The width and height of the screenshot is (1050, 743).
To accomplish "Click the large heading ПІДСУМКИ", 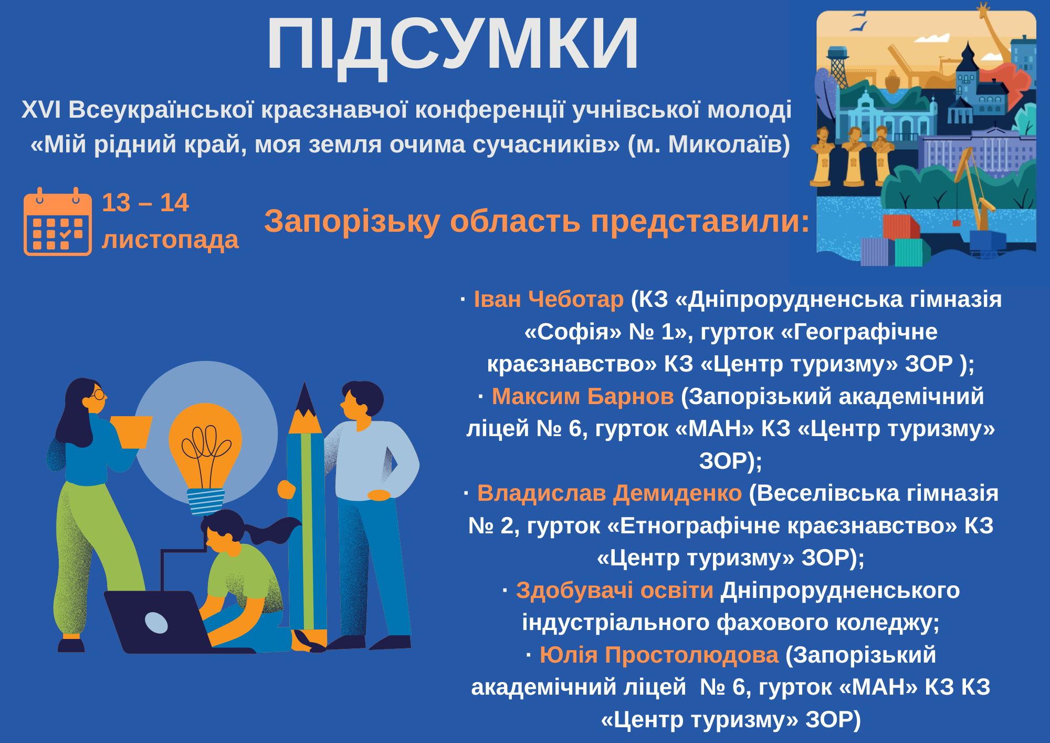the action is [453, 45].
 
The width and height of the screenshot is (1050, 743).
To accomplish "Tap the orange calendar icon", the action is [58, 222].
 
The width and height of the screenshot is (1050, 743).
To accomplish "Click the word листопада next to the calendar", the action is [170, 240].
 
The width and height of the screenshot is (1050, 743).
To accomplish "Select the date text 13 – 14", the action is [145, 203].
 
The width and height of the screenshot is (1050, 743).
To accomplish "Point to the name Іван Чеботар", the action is [549, 300].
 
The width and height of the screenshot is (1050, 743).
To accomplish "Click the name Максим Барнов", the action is [583, 396].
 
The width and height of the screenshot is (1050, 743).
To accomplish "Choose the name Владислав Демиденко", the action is [610, 493].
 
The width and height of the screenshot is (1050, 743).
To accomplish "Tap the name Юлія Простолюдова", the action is [659, 655].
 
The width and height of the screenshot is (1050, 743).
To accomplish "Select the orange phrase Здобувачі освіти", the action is [615, 591].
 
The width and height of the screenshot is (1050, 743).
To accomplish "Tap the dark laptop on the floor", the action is [157, 623].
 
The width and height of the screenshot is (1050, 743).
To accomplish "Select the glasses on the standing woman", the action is [98, 394].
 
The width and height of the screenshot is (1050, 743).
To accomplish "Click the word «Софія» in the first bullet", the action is [573, 332].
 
